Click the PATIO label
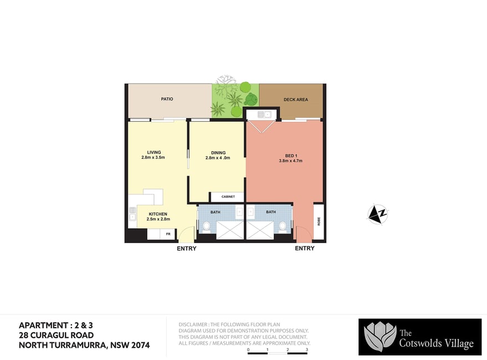(x=167, y=99)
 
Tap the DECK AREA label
(x=296, y=100)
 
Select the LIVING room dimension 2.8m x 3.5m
(x=153, y=157)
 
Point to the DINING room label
(x=218, y=153)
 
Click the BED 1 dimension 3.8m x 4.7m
(x=291, y=161)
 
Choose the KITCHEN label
(x=158, y=214)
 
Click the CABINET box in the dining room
(x=227, y=197)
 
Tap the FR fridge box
(x=168, y=234)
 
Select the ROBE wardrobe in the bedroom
(x=319, y=222)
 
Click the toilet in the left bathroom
(x=206, y=227)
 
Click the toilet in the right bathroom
(x=283, y=227)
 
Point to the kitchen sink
(x=132, y=213)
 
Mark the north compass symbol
(x=378, y=214)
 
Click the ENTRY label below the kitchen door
(x=187, y=249)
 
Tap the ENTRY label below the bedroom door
(x=305, y=248)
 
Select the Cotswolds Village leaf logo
(x=380, y=337)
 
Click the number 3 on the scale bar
(x=307, y=349)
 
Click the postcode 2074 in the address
(x=141, y=345)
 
